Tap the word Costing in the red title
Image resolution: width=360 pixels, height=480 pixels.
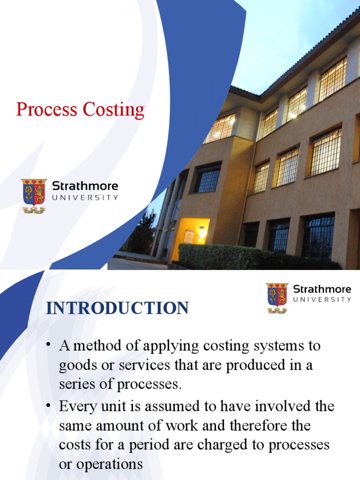pyautogui.click(x=113, y=110)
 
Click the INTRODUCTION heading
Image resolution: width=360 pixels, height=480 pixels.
pyautogui.click(x=117, y=308)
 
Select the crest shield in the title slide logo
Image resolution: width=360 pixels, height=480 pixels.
pyautogui.click(x=34, y=193)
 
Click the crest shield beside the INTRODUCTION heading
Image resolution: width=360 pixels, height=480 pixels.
pyautogui.click(x=277, y=295)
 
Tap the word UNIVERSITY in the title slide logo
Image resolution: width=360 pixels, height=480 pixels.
pyautogui.click(x=85, y=198)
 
